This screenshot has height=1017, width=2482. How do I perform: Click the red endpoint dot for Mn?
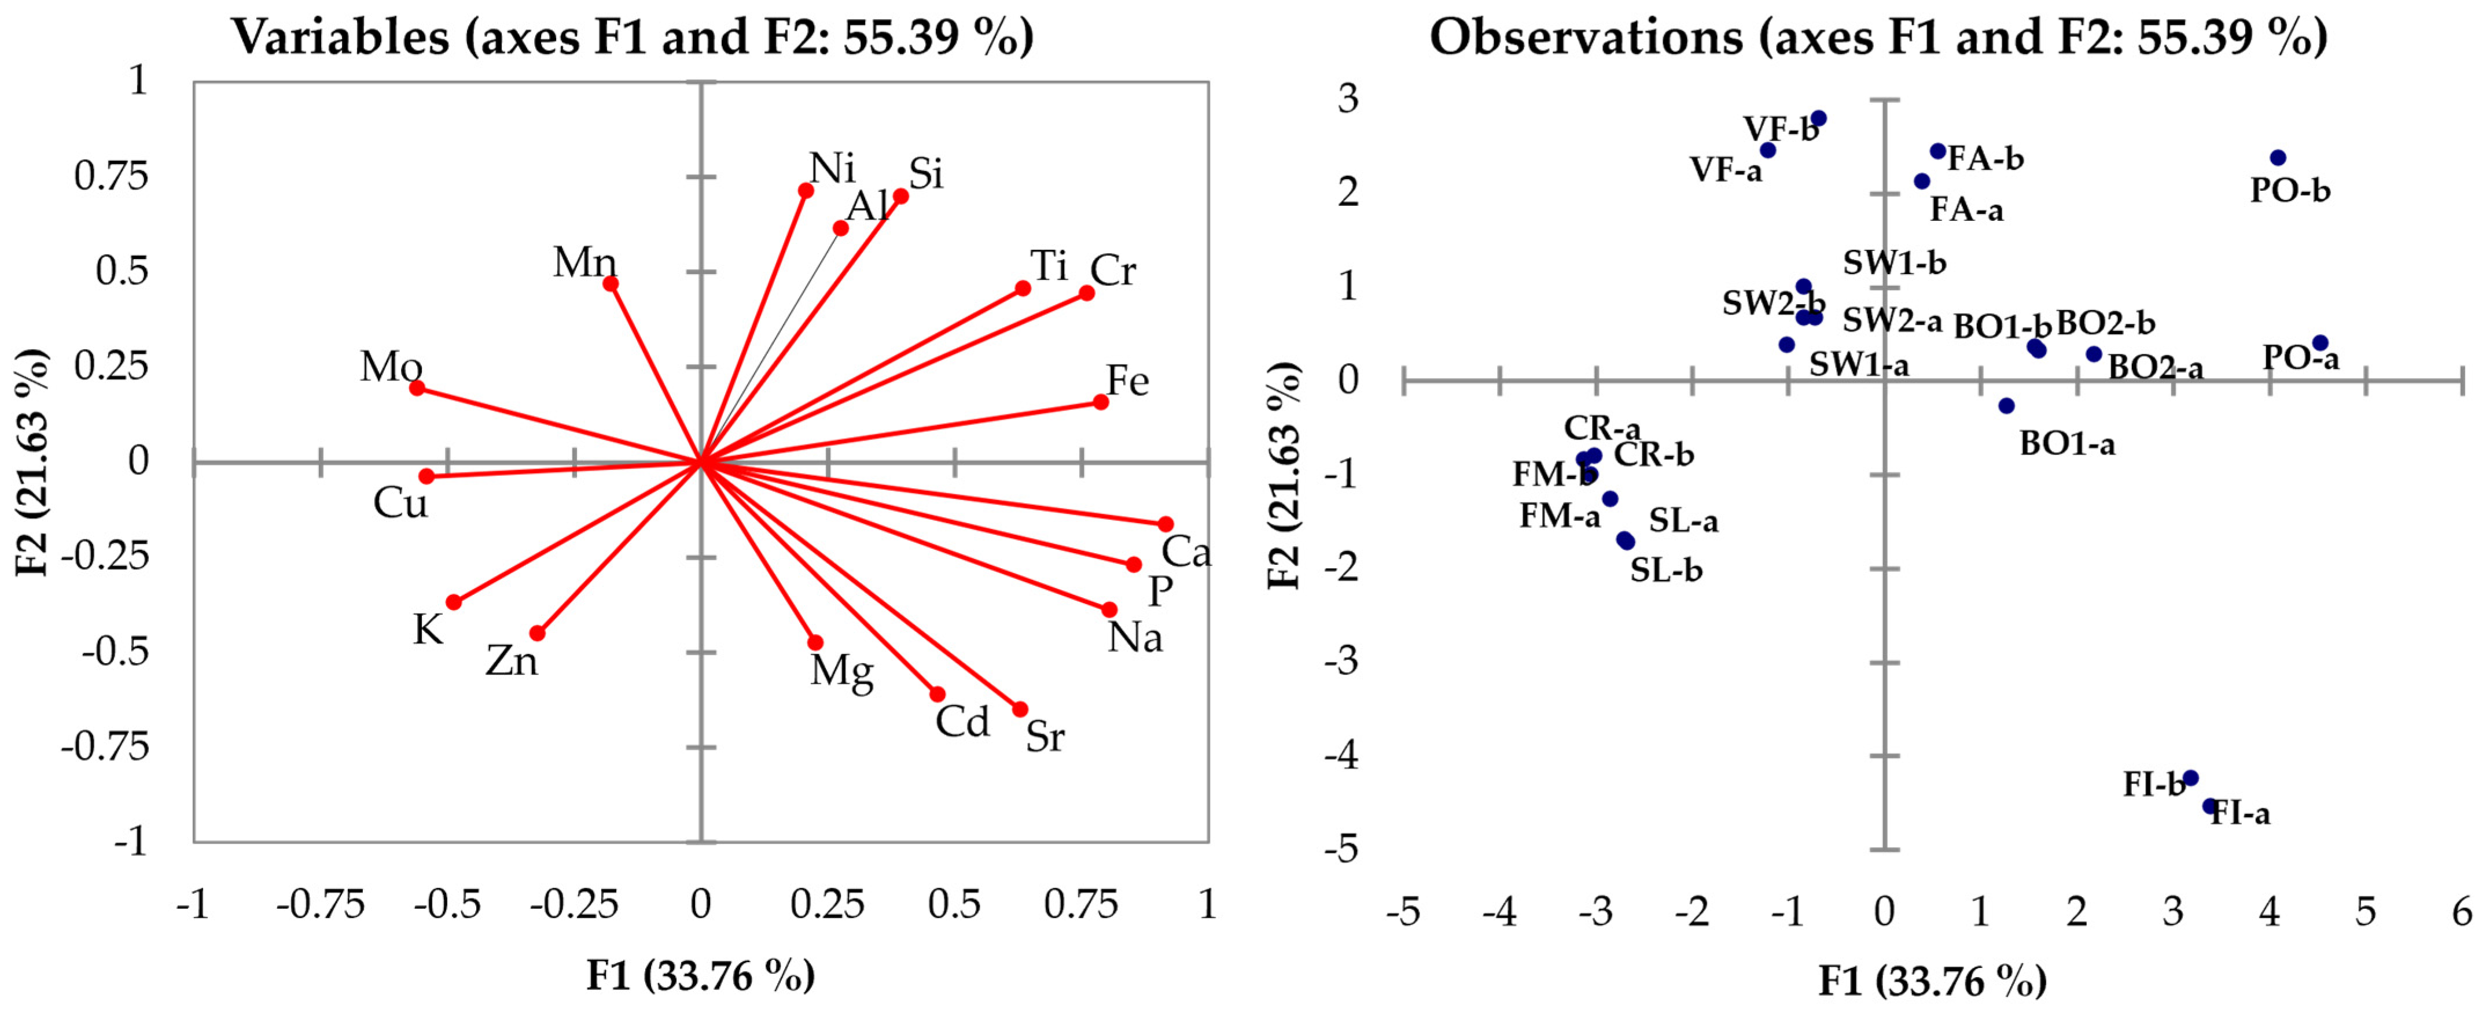pos(610,283)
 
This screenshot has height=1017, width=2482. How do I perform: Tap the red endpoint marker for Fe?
pos(1100,402)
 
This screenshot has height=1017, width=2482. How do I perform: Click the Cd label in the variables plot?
pos(962,722)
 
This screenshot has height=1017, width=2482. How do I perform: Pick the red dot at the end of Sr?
pos(1020,709)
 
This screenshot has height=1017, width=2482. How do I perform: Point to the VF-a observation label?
pos(1726,171)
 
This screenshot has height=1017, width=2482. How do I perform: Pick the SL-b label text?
pos(1666,571)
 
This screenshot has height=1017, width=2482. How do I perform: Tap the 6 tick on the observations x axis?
pos(2462,911)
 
